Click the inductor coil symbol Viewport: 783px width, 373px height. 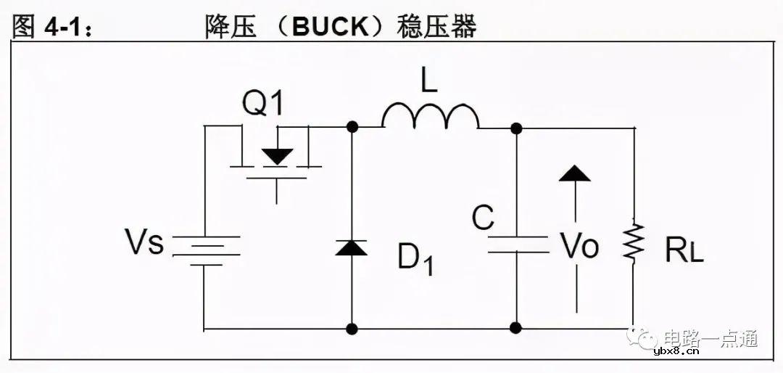[x=430, y=117]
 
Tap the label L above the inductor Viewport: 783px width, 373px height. [x=429, y=81]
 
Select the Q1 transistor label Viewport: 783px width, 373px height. [x=262, y=104]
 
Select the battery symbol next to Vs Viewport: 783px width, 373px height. [x=205, y=247]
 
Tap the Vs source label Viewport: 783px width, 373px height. [x=145, y=243]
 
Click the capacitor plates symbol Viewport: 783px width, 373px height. [x=517, y=244]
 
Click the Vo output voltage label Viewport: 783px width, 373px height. [x=579, y=247]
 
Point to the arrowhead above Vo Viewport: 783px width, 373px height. [x=575, y=173]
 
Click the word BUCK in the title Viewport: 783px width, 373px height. [x=331, y=28]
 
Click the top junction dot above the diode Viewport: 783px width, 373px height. [x=352, y=128]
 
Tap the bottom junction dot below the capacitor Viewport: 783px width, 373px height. [x=517, y=328]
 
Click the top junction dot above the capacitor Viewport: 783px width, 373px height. [x=517, y=128]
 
